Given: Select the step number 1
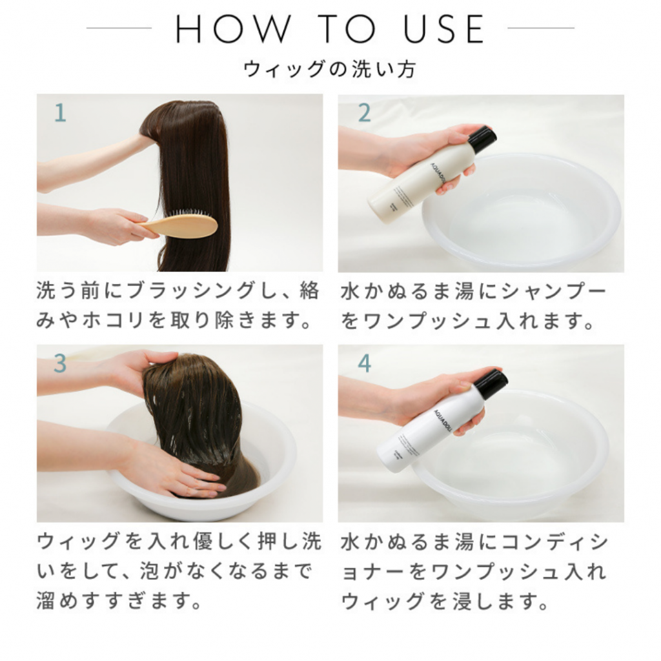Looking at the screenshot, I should click(x=59, y=114).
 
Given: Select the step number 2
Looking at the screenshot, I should click(x=364, y=114).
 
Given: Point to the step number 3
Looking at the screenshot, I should click(x=59, y=364).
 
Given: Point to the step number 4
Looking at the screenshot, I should click(x=364, y=364).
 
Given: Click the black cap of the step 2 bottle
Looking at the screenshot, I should click(x=482, y=139).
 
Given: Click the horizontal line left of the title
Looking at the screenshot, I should click(x=119, y=28).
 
